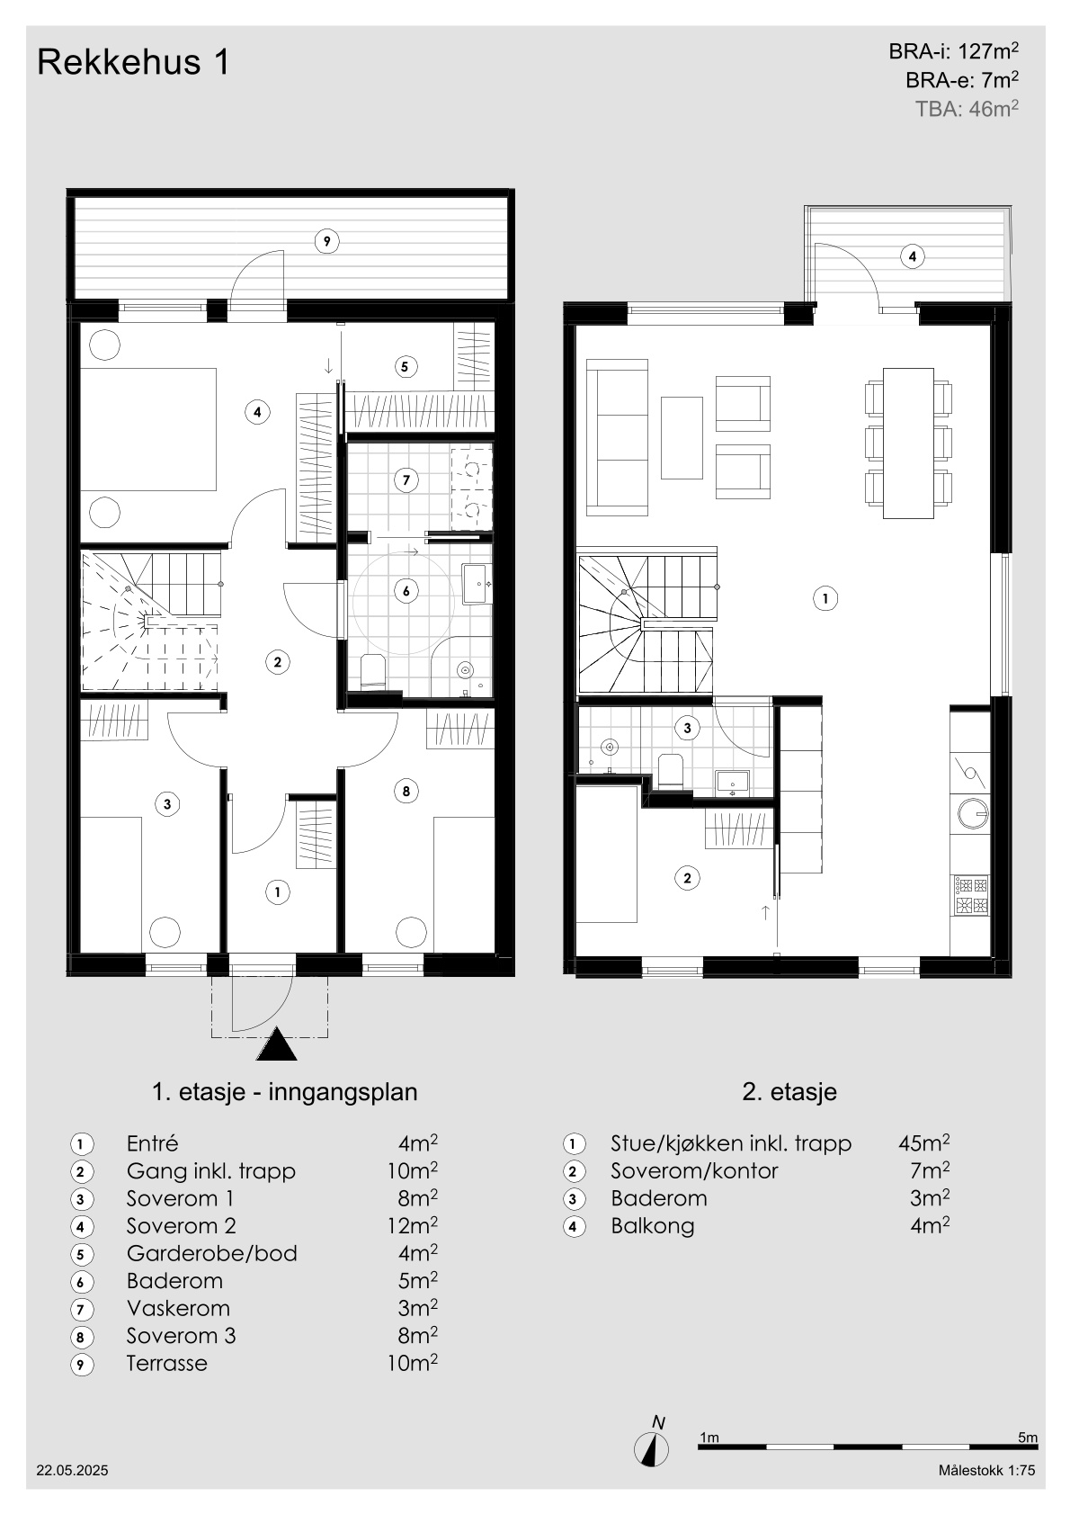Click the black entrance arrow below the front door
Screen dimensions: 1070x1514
(x=277, y=1044)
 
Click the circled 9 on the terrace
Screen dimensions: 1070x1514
(x=327, y=241)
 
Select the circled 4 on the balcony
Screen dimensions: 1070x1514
(x=913, y=256)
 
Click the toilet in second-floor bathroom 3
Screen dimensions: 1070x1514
(x=671, y=771)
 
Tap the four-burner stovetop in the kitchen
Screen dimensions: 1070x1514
(x=971, y=895)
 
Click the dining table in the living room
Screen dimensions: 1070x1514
(x=908, y=443)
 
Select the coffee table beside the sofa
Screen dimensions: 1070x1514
(x=682, y=438)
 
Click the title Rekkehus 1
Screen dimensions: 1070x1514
(x=133, y=62)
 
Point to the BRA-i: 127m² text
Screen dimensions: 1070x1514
(x=954, y=50)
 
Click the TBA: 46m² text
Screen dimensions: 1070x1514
(x=967, y=108)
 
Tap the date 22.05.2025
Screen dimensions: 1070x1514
(x=72, y=1470)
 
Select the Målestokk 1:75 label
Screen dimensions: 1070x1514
(x=987, y=1470)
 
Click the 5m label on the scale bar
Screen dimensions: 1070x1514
(x=1028, y=1438)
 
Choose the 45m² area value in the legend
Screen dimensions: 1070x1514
(x=924, y=1143)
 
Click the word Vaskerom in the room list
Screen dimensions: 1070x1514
(x=178, y=1309)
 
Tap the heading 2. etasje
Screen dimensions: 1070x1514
(x=789, y=1091)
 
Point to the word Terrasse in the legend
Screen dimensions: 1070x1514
(x=167, y=1363)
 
